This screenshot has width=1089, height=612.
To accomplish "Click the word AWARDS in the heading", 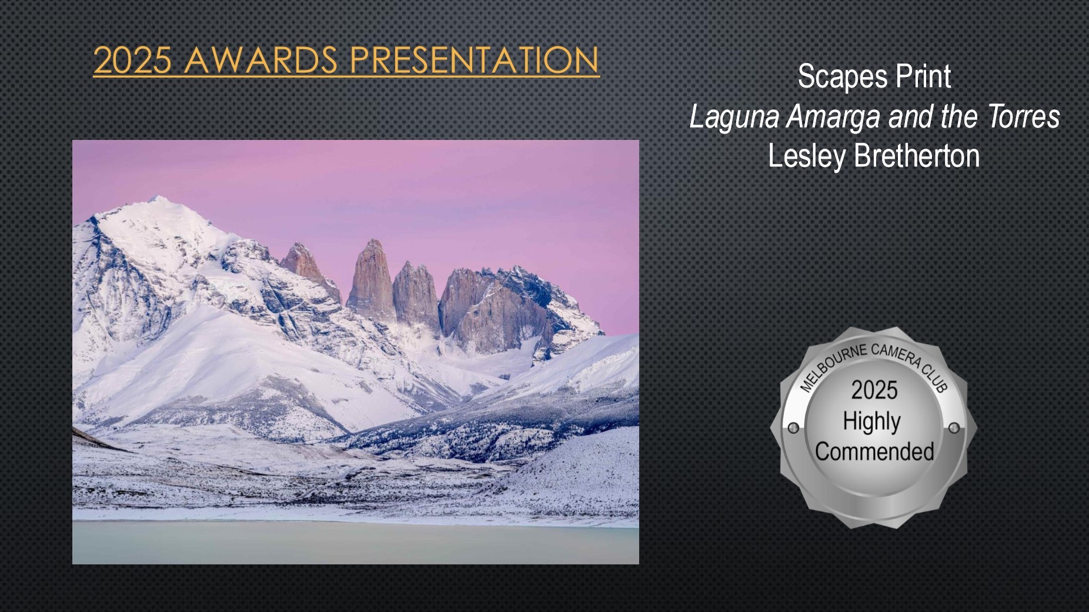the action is (x=260, y=60).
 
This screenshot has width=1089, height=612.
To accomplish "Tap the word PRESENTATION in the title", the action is (x=474, y=60).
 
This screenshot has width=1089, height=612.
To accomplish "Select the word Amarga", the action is (x=834, y=118).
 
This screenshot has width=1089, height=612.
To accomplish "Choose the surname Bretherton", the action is (x=917, y=156).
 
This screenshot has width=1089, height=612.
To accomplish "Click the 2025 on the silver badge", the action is (x=874, y=390).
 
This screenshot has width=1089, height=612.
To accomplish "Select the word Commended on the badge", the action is (x=874, y=452).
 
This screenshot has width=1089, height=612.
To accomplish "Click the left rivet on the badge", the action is (x=793, y=427).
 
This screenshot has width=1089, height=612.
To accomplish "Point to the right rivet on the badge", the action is (x=954, y=427).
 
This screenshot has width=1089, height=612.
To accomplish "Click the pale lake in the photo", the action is (x=355, y=542).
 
